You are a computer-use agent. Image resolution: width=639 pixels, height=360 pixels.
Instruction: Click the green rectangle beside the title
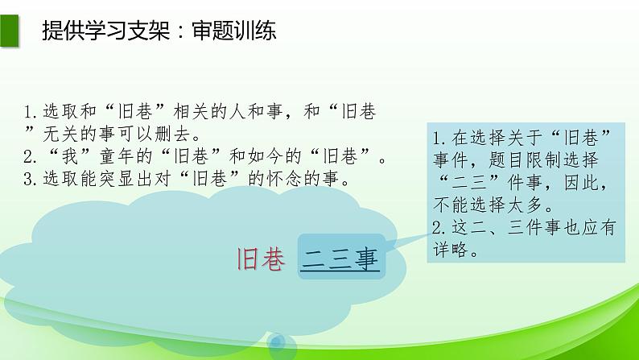(x=9, y=31)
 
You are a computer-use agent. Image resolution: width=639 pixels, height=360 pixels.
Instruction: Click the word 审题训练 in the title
(x=234, y=31)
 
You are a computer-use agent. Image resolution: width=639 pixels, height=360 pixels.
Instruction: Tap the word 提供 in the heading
(x=63, y=31)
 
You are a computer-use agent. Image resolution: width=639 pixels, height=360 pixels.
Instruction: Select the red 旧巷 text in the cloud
(x=261, y=259)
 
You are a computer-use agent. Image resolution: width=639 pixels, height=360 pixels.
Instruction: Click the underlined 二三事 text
(x=340, y=259)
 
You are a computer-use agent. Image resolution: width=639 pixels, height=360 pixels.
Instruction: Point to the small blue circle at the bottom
(x=278, y=342)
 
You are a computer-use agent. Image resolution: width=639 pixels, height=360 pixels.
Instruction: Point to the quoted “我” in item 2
(x=69, y=156)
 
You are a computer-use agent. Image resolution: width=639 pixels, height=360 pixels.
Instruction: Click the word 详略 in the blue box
(x=451, y=250)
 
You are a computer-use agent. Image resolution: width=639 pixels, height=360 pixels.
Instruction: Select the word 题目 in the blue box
(x=506, y=160)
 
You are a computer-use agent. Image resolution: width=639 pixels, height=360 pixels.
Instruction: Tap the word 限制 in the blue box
(x=544, y=160)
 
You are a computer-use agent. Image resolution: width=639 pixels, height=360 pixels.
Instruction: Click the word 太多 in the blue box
(x=525, y=205)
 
